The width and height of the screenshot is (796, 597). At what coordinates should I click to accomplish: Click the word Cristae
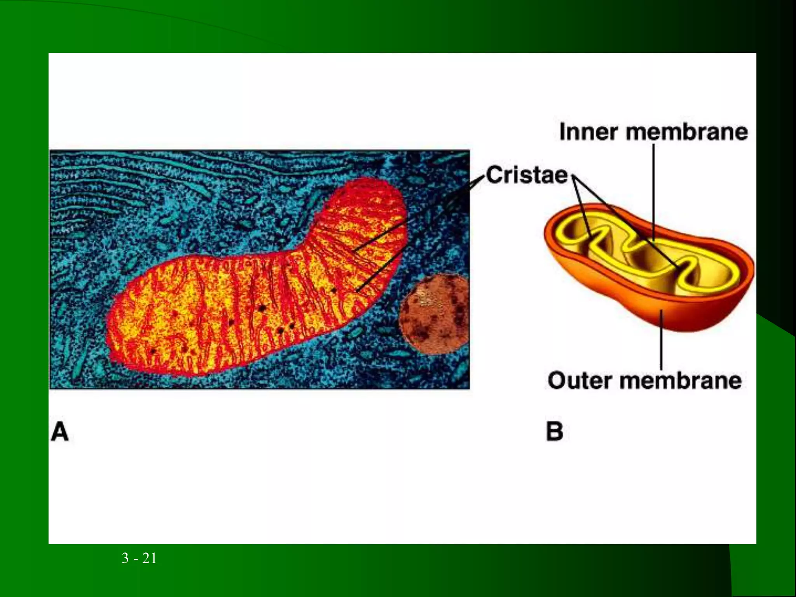click(527, 175)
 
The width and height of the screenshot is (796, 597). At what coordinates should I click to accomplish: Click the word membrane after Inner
click(687, 132)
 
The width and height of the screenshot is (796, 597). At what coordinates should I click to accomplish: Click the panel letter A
click(60, 432)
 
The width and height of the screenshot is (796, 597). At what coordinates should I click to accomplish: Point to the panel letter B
click(555, 431)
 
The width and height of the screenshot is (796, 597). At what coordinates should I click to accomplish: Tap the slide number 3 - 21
click(139, 558)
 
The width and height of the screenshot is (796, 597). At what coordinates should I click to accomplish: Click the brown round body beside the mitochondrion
click(435, 314)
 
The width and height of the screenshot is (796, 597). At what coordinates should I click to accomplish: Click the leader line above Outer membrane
click(661, 342)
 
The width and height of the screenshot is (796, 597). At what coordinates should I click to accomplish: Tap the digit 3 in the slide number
click(125, 558)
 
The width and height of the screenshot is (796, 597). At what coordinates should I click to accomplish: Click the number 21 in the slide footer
click(149, 558)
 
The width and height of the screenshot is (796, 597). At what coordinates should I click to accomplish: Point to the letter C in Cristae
click(494, 175)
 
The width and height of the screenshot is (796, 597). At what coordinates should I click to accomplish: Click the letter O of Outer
click(557, 381)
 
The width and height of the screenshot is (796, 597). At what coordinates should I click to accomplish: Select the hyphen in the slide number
click(136, 559)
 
